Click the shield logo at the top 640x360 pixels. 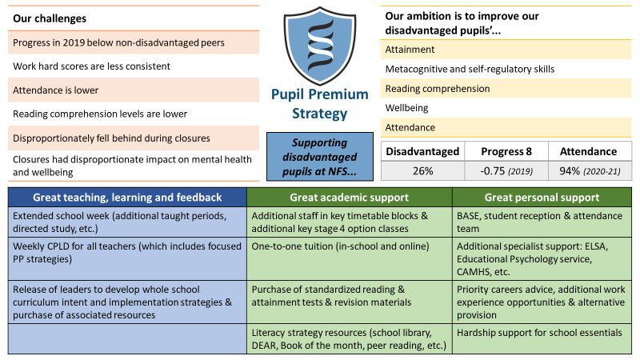[319, 45]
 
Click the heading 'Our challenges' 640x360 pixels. [50, 18]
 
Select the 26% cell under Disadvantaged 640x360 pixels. [422, 170]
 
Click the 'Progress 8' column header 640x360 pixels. [506, 151]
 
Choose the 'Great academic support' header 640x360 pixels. [350, 197]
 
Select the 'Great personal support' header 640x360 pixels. [542, 197]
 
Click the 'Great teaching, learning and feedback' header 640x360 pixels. [127, 197]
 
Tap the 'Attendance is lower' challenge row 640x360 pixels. [134, 90]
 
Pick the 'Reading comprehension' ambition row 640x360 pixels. [506, 89]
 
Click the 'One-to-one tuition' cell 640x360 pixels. [350, 258]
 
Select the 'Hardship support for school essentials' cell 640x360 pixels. [542, 338]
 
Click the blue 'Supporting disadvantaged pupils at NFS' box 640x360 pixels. [319, 156]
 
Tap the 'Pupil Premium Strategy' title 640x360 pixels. [319, 104]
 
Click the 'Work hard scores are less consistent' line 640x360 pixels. [91, 66]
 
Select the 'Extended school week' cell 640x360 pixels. [127, 222]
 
